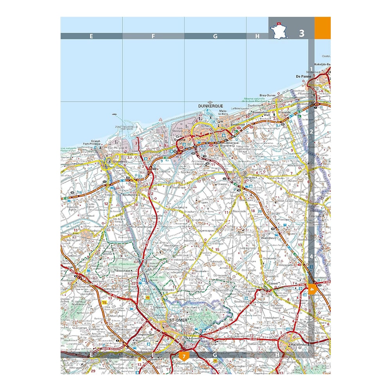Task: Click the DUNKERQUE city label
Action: [x=210, y=106]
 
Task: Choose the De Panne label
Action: [x=303, y=76]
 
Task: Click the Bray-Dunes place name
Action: [x=268, y=95]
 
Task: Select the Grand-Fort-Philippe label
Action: [x=96, y=143]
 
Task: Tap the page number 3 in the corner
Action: [x=301, y=33]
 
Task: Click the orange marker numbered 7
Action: [x=183, y=356]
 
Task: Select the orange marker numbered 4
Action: [x=312, y=290]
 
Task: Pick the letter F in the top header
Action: [x=153, y=36]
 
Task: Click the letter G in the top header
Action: [x=215, y=36]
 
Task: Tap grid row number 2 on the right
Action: [x=312, y=132]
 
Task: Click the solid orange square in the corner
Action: [x=323, y=28]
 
